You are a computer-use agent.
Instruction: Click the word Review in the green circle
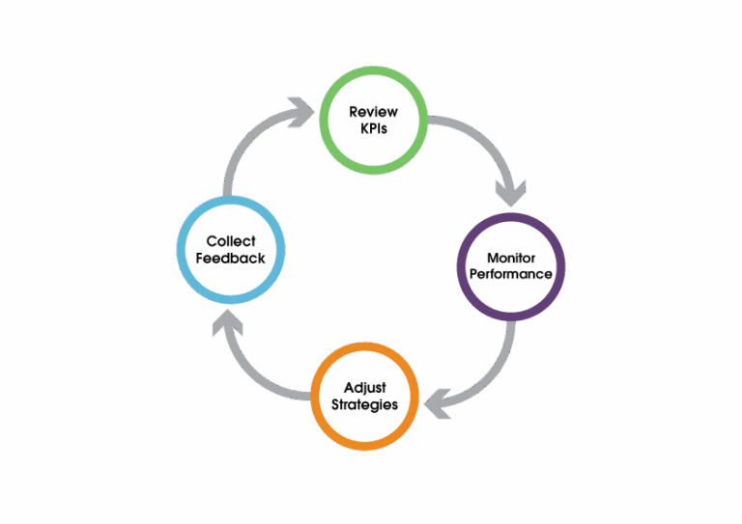coord(373,112)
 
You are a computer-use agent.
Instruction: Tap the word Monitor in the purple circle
coord(510,259)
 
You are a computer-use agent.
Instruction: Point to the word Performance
coord(510,274)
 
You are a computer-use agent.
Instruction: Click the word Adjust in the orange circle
coord(365,388)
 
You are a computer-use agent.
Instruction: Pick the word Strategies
coord(365,404)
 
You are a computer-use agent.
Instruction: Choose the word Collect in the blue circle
coord(230,242)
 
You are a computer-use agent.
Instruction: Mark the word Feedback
coord(230,259)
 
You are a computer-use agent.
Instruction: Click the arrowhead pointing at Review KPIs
coord(301,113)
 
